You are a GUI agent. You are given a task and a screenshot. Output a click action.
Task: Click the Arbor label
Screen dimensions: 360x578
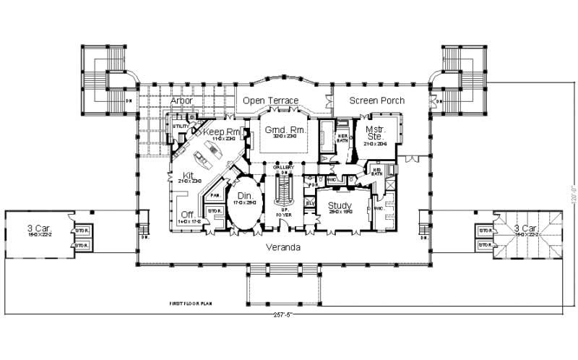(181, 100)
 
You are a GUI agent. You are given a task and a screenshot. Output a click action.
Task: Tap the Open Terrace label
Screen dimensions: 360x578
(270, 100)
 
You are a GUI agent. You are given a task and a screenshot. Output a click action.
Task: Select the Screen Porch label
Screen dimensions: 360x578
(377, 100)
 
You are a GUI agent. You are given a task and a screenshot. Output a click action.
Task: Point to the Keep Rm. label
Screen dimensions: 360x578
(223, 132)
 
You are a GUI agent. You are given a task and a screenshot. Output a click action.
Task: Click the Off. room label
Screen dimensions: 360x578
(188, 214)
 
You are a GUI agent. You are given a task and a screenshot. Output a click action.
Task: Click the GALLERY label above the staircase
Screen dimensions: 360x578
(283, 167)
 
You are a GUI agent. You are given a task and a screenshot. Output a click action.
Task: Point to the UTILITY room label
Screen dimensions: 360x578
(180, 126)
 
